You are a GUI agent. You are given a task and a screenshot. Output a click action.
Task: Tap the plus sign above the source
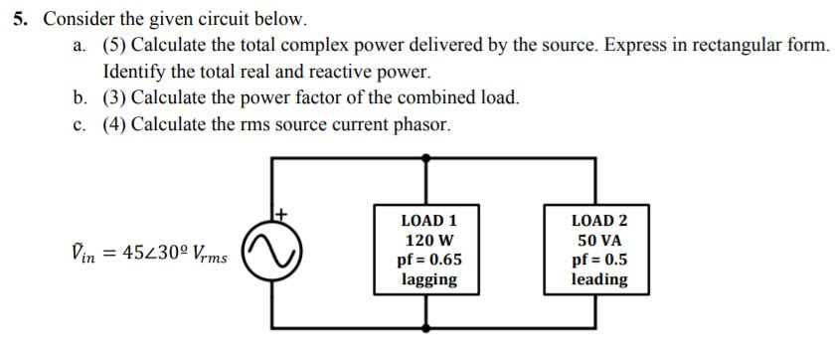281,213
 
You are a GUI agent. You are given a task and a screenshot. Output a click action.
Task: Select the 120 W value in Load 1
428,241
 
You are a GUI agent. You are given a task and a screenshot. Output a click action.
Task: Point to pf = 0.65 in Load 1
428,261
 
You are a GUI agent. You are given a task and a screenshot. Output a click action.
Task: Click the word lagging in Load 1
428,279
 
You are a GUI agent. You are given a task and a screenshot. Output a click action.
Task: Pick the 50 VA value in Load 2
599,241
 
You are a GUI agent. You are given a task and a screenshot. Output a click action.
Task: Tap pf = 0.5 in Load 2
599,261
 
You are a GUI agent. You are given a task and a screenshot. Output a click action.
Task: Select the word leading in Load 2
599,279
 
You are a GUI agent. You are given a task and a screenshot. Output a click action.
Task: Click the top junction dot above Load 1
427,157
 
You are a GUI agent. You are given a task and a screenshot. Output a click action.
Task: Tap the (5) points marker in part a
115,46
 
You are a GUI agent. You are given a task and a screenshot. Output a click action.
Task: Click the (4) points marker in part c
115,124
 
